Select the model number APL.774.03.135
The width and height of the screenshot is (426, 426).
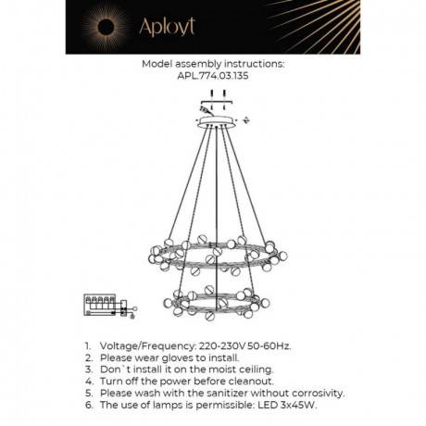click(x=212, y=77)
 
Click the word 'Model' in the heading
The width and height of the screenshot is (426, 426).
click(x=159, y=65)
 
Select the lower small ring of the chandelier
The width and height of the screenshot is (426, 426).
click(x=212, y=307)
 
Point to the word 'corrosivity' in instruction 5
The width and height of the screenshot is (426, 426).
click(x=312, y=394)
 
